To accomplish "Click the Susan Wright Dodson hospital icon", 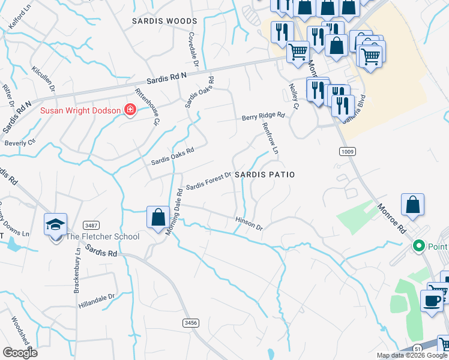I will tap(129, 110).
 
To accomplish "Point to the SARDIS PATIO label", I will tap(265, 174).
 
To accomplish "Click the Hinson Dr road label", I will tap(249, 224).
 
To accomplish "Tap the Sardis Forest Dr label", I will tap(208, 181).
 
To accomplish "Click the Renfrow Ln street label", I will tap(270, 137).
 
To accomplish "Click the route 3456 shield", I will tap(190, 323).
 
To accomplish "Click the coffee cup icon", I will tap(432, 299).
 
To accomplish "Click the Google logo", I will tap(20, 353).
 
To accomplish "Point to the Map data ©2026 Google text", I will tap(412, 355).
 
